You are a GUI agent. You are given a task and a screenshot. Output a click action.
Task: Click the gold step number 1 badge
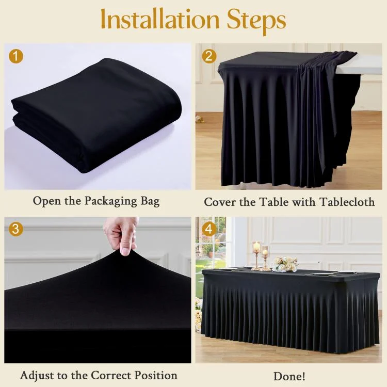(x=16, y=56)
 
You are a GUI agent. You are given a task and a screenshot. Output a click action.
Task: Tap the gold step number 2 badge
(x=209, y=56)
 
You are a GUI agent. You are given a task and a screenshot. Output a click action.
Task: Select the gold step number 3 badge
(x=16, y=229)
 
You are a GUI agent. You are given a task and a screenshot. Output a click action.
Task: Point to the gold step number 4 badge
(x=209, y=229)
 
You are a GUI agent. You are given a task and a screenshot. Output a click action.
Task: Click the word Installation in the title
(x=160, y=20)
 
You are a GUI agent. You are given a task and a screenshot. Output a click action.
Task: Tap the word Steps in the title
(x=256, y=22)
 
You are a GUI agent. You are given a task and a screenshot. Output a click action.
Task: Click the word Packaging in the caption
(x=110, y=201)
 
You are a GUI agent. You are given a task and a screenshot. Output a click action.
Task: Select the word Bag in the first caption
(x=150, y=201)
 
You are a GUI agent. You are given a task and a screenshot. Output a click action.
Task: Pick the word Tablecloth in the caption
(x=347, y=202)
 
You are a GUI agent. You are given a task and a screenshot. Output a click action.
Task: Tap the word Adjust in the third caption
(x=37, y=376)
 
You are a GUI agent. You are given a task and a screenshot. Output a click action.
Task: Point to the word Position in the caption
(x=156, y=376)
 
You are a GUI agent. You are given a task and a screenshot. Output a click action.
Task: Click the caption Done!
(x=289, y=376)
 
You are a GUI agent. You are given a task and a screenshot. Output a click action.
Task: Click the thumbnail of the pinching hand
(x=121, y=236)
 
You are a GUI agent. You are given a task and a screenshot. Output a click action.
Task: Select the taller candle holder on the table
(x=256, y=255)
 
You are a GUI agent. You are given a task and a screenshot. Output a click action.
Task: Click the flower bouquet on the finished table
(x=284, y=264)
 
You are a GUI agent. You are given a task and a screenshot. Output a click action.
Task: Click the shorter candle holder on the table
(x=265, y=258)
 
